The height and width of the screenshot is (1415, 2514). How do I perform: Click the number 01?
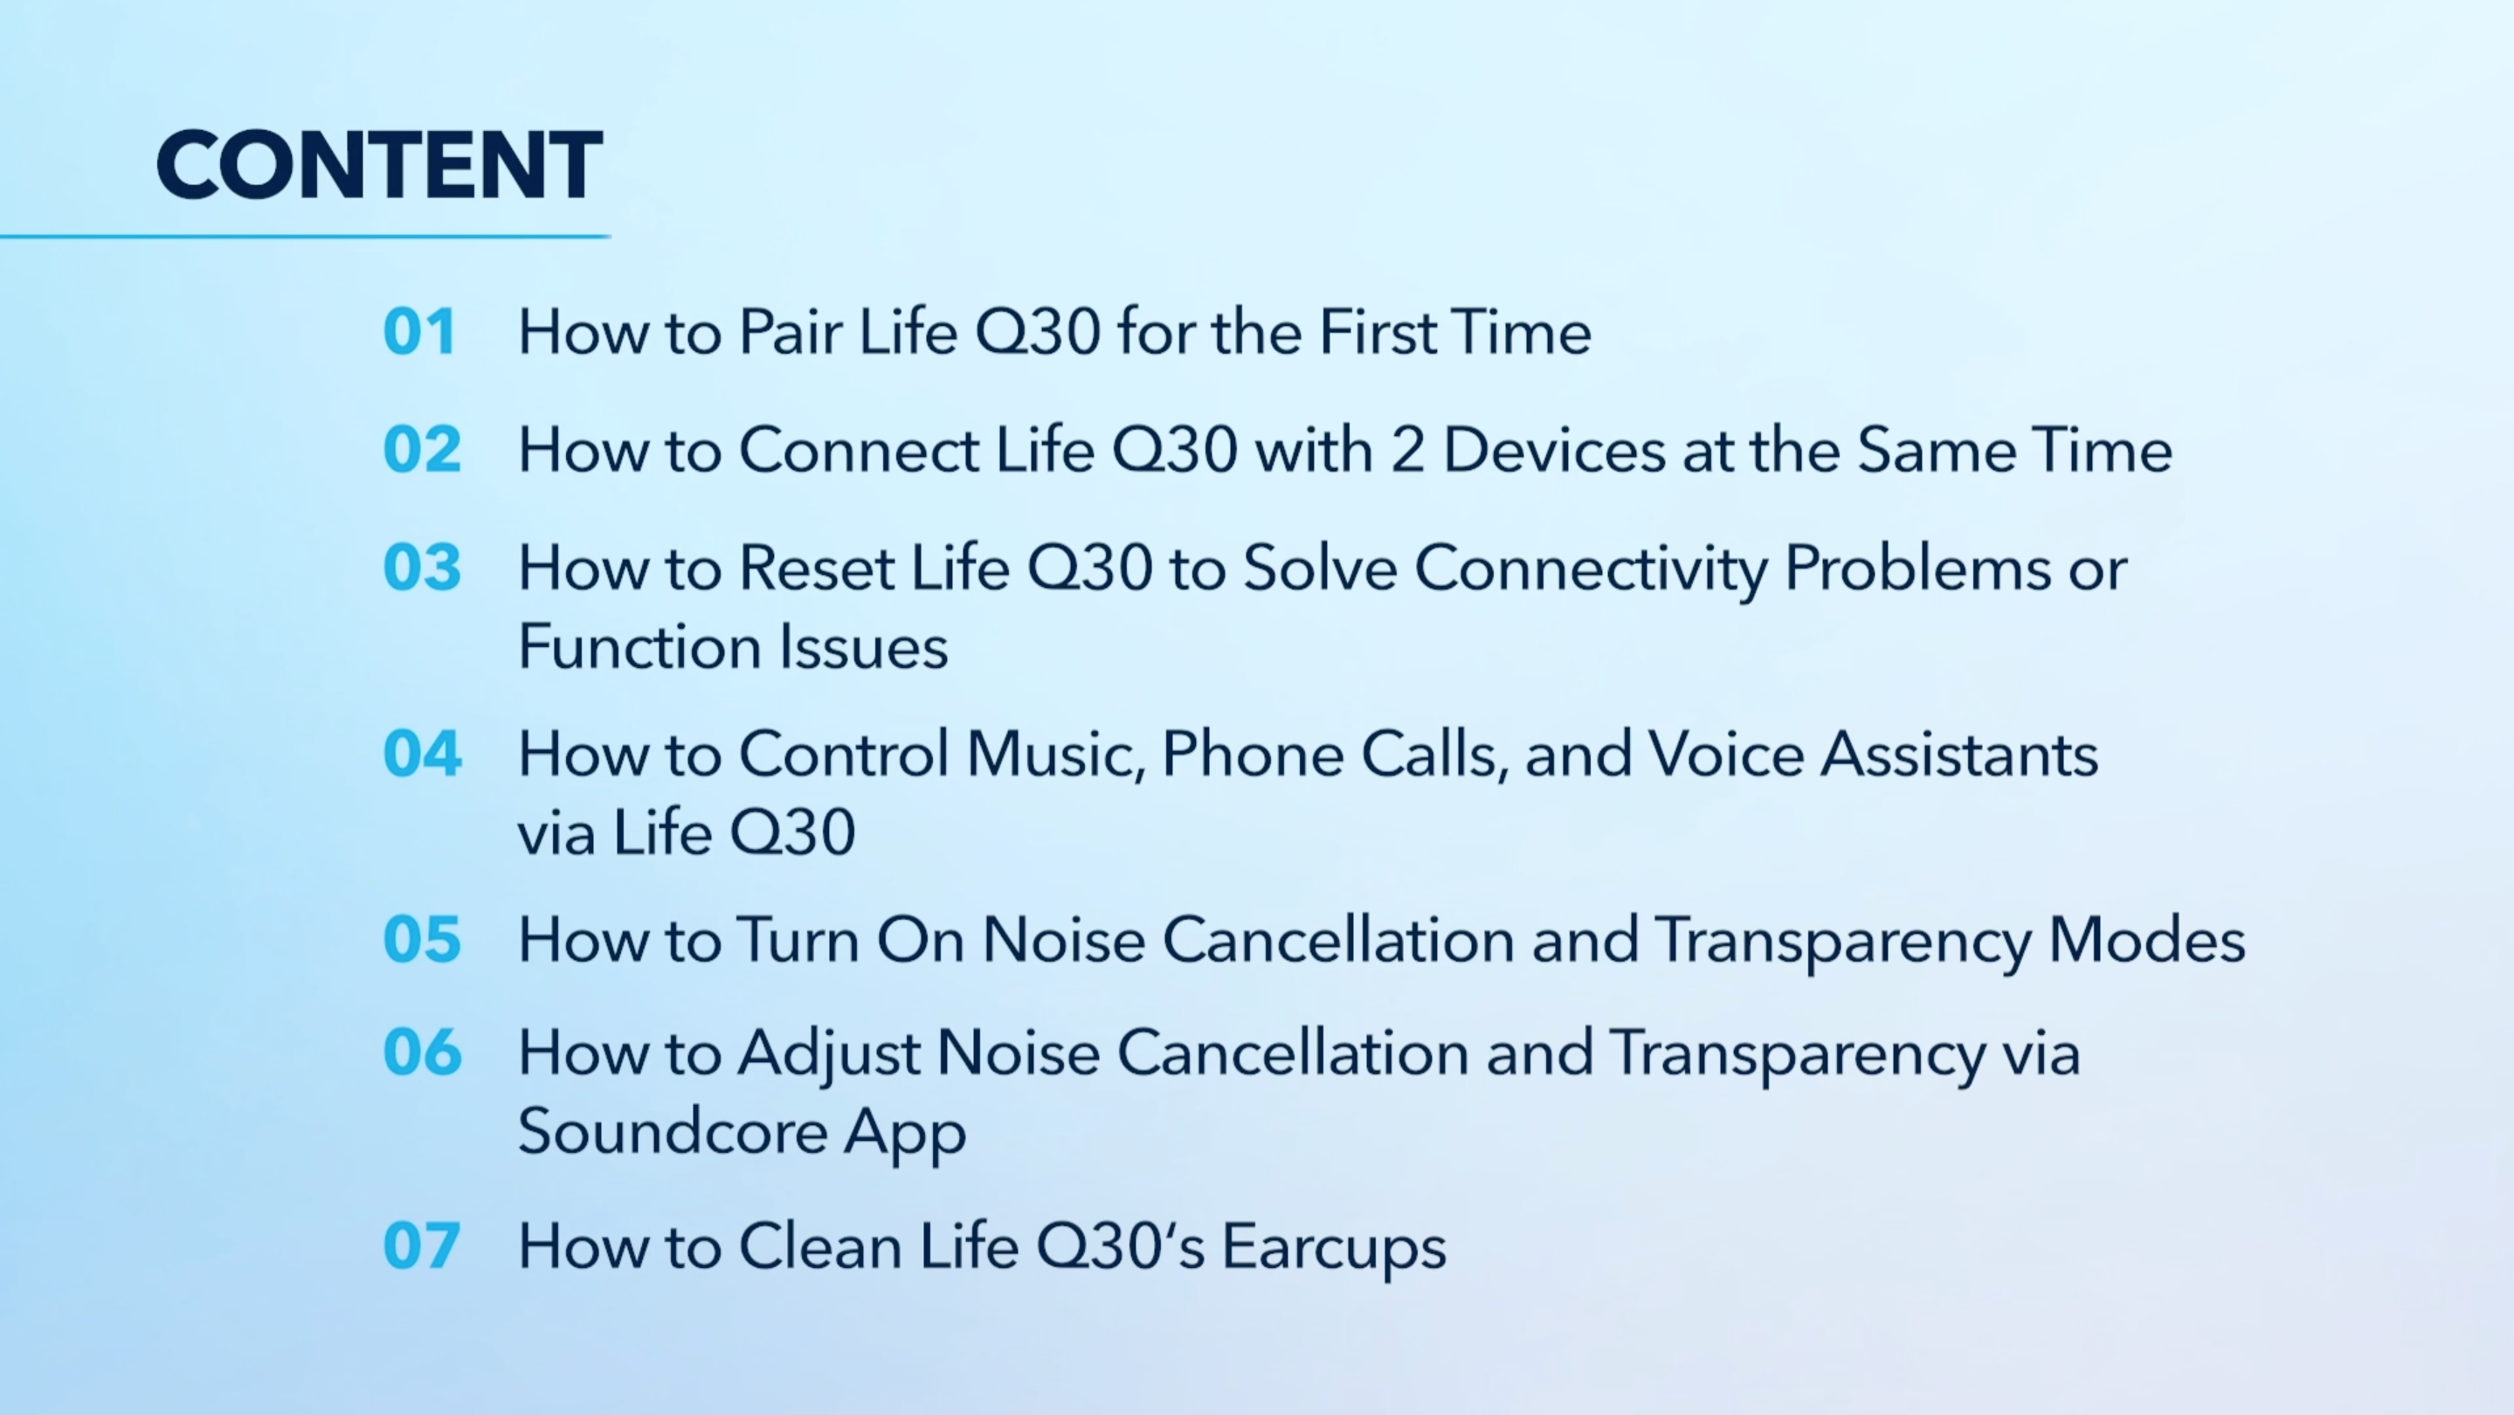tap(419, 332)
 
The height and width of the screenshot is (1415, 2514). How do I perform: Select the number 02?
tap(422, 450)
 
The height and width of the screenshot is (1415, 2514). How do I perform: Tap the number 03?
tap(422, 567)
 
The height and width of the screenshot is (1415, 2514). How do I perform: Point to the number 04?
tap(422, 754)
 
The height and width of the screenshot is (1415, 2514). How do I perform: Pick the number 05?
tap(422, 940)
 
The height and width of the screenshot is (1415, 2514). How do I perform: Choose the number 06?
tap(422, 1053)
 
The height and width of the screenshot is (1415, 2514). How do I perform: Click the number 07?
tap(422, 1246)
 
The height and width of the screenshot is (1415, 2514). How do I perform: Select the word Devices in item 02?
tap(1554, 450)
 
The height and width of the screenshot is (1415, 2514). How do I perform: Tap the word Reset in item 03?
tap(816, 567)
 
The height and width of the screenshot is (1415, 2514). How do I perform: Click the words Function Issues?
tap(732, 647)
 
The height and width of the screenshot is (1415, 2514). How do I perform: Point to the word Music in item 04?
tap(1054, 754)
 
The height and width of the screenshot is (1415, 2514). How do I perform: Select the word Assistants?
tap(1958, 754)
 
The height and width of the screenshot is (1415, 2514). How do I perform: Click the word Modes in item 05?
tap(2146, 940)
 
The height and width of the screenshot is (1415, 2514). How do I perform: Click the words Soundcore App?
tap(742, 1132)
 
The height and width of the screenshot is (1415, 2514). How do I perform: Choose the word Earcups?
tap(1333, 1248)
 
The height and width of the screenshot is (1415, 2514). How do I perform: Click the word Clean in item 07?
tap(819, 1246)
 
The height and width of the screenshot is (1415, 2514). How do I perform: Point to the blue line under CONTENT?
tap(305, 236)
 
